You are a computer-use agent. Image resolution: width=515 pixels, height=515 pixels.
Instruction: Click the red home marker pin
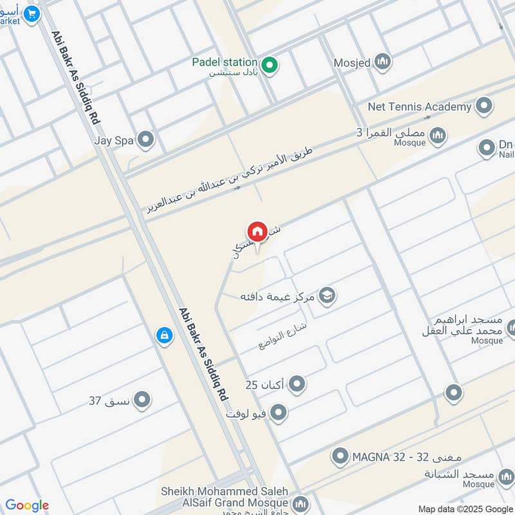click(257, 232)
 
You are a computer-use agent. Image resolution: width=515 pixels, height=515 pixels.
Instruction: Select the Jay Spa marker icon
click(146, 139)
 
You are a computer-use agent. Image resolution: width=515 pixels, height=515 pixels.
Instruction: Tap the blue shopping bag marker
click(164, 335)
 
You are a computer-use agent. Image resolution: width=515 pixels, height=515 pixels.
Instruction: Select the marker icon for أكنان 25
click(297, 385)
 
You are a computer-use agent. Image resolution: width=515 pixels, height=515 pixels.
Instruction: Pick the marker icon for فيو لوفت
click(278, 412)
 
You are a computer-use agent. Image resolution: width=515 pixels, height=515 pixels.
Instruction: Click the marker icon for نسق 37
click(142, 400)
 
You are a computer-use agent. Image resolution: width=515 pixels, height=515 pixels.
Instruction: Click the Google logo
click(27, 505)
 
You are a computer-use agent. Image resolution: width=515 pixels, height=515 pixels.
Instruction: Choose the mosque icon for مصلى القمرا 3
click(438, 135)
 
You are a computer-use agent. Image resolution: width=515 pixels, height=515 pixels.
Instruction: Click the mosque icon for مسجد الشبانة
click(506, 477)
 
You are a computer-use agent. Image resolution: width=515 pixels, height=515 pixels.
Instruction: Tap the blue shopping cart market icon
click(30, 12)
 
